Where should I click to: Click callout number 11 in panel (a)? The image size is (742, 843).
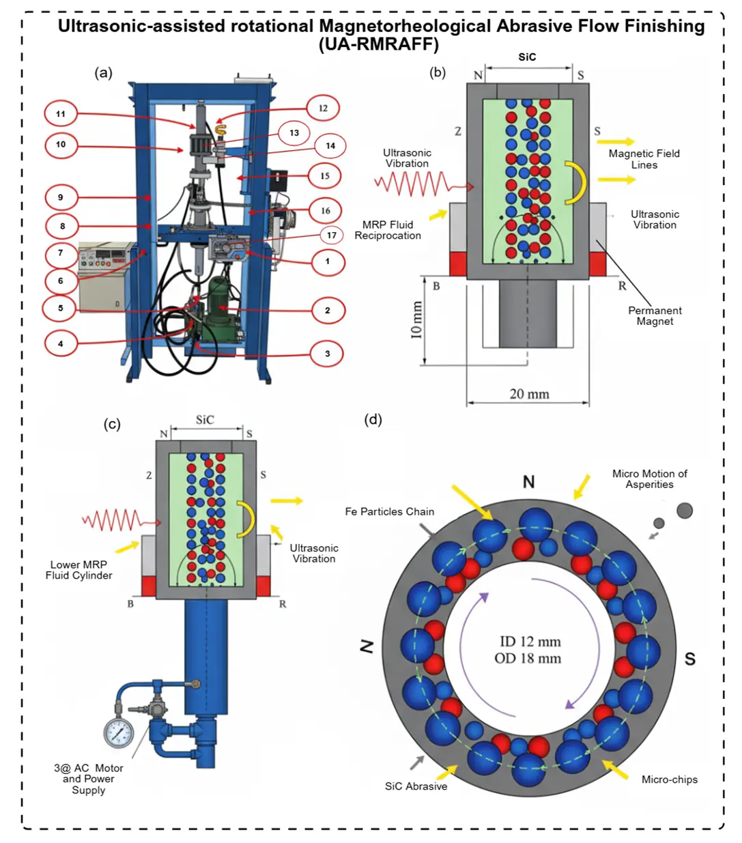pyautogui.click(x=61, y=113)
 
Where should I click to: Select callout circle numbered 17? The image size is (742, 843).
pyautogui.click(x=332, y=235)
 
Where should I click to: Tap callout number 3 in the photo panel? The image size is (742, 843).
pyautogui.click(x=328, y=354)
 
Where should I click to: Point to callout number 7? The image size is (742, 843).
pyautogui.click(x=61, y=253)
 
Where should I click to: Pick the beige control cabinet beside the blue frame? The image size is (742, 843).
pyautogui.click(x=103, y=276)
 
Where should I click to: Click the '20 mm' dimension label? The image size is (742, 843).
pyautogui.click(x=529, y=394)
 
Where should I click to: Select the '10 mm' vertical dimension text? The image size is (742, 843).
pyautogui.click(x=417, y=320)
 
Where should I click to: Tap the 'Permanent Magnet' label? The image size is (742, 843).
pyautogui.click(x=655, y=316)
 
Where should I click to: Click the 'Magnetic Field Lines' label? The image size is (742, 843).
pyautogui.click(x=644, y=159)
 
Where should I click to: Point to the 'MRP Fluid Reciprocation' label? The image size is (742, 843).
pyautogui.click(x=388, y=230)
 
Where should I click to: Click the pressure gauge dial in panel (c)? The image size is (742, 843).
pyautogui.click(x=119, y=732)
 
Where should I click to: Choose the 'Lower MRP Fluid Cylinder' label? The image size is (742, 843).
pyautogui.click(x=79, y=570)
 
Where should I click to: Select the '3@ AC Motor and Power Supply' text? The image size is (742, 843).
pyautogui.click(x=89, y=779)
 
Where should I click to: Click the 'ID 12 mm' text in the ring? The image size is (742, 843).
pyautogui.click(x=530, y=642)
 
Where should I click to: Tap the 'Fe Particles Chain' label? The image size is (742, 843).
pyautogui.click(x=389, y=511)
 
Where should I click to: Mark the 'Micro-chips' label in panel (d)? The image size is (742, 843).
pyautogui.click(x=669, y=780)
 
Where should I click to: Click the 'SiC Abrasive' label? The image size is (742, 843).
pyautogui.click(x=416, y=786)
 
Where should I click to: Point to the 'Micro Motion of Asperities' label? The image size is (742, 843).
pyautogui.click(x=649, y=478)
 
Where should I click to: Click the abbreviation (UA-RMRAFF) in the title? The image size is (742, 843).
pyautogui.click(x=378, y=44)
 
